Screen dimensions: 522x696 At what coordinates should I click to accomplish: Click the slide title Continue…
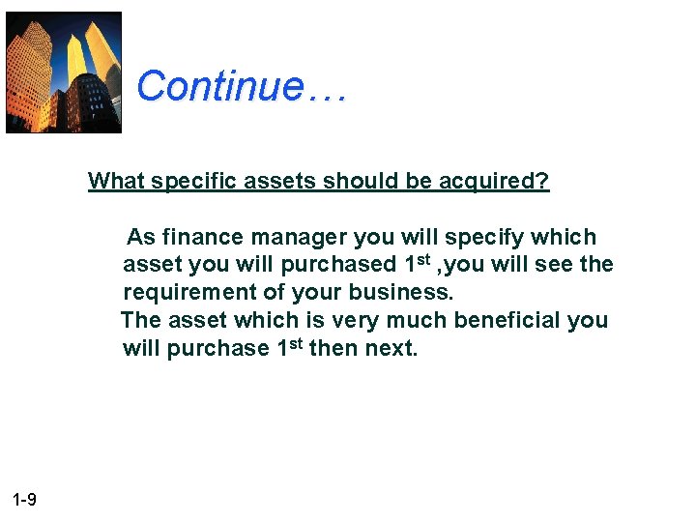click(x=241, y=86)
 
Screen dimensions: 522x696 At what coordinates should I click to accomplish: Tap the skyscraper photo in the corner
click(x=64, y=72)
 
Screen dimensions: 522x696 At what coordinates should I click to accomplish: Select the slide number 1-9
click(x=25, y=500)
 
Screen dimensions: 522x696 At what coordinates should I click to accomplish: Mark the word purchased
click(x=338, y=265)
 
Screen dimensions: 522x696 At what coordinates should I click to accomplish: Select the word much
click(x=416, y=320)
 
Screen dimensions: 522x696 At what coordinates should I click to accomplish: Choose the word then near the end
click(x=333, y=348)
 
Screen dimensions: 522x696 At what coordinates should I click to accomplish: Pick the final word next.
click(x=391, y=348)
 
